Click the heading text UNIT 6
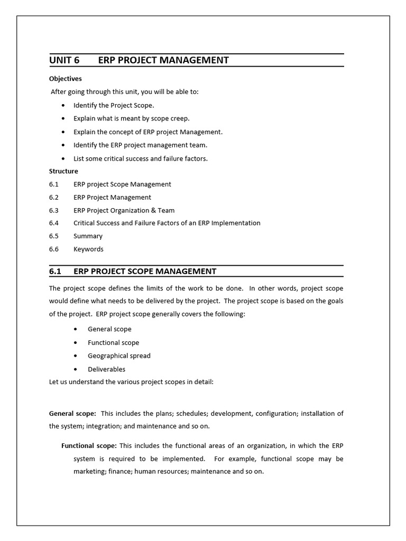click(x=64, y=60)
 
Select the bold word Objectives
click(x=65, y=79)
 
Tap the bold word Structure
click(x=63, y=171)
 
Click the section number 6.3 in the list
click(x=54, y=210)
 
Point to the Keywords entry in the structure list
click(x=88, y=249)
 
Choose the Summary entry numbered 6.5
click(x=88, y=236)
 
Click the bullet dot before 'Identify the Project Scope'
click(x=63, y=106)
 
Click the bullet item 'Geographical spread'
click(x=119, y=356)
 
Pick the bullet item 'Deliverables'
click(x=106, y=369)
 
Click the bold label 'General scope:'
click(x=72, y=413)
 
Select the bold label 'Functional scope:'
click(x=89, y=445)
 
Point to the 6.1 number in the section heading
click(x=56, y=271)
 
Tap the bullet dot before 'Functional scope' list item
click(x=77, y=343)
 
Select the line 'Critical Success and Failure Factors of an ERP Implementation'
click(x=167, y=223)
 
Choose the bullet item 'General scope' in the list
click(x=109, y=329)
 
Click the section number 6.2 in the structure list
click(x=54, y=197)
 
